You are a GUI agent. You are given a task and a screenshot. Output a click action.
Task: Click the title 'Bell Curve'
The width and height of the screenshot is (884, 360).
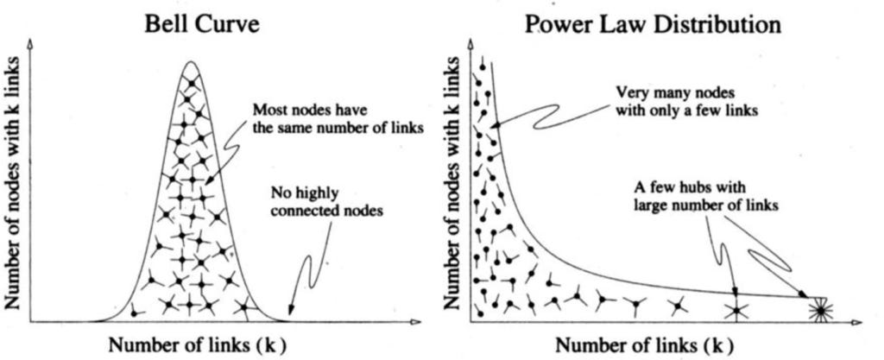point(190,26)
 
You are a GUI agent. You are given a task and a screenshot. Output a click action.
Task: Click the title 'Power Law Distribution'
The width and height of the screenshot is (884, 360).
point(653,26)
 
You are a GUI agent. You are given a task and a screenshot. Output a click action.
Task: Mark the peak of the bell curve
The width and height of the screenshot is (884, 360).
point(191,61)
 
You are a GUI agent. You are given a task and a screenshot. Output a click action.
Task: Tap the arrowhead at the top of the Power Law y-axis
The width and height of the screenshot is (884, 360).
point(471,43)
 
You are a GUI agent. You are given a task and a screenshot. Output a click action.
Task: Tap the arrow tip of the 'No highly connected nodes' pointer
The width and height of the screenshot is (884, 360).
point(288,313)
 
